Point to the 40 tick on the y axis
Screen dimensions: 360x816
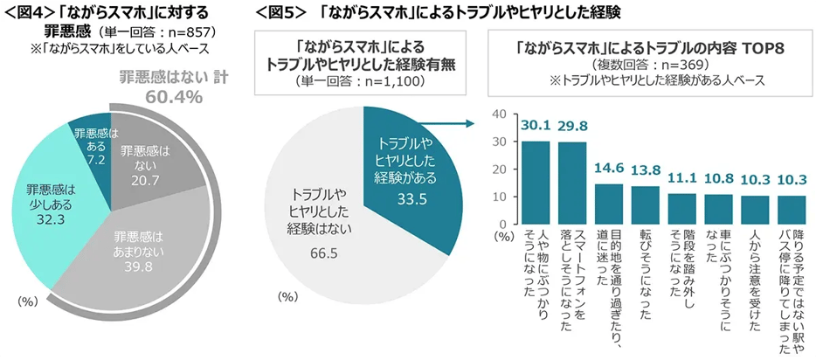tap(501, 114)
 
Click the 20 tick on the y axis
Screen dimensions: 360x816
tap(501, 170)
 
